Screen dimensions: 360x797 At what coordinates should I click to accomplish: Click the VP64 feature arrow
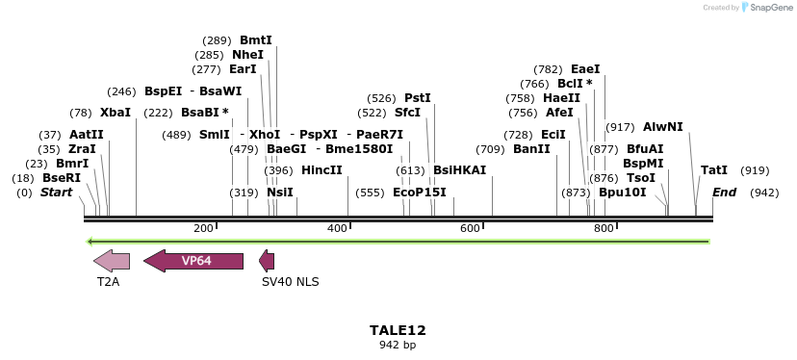pyautogui.click(x=193, y=260)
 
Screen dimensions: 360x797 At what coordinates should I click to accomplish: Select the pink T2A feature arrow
pyautogui.click(x=112, y=260)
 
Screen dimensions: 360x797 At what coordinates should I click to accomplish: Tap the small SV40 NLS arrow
pyautogui.click(x=268, y=260)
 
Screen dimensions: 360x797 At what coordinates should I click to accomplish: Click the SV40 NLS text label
pyautogui.click(x=290, y=282)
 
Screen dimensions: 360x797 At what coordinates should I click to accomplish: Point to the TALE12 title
pyautogui.click(x=398, y=330)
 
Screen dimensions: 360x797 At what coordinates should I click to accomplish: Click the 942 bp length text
pyautogui.click(x=398, y=345)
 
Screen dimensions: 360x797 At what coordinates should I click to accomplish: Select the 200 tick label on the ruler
pyautogui.click(x=203, y=228)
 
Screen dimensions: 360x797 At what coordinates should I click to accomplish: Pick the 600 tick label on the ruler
pyautogui.click(x=470, y=228)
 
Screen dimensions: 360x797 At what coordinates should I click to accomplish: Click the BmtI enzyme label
pyautogui.click(x=256, y=40)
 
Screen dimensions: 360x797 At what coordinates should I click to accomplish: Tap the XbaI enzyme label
pyautogui.click(x=115, y=113)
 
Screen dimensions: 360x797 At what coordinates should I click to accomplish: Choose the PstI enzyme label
pyautogui.click(x=417, y=98)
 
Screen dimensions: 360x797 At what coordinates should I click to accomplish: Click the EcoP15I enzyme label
pyautogui.click(x=420, y=193)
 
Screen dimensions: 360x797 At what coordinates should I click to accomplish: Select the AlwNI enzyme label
pyautogui.click(x=662, y=127)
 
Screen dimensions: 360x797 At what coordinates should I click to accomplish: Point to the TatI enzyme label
pyautogui.click(x=714, y=170)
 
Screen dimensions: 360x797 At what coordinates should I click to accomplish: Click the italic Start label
pyautogui.click(x=56, y=193)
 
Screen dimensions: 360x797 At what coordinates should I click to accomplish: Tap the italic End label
pyautogui.click(x=724, y=193)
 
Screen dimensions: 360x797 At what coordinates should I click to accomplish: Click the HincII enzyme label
pyautogui.click(x=321, y=170)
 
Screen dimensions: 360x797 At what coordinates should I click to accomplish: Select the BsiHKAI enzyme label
pyautogui.click(x=459, y=170)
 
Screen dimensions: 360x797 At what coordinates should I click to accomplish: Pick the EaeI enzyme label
pyautogui.click(x=585, y=69)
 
